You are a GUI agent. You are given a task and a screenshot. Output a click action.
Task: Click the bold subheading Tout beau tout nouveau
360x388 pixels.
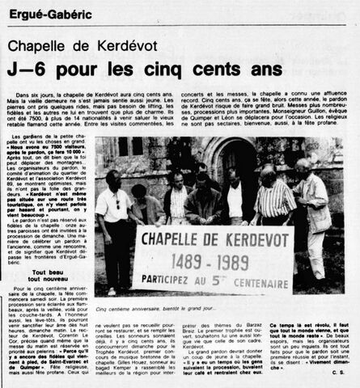point(44,283)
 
